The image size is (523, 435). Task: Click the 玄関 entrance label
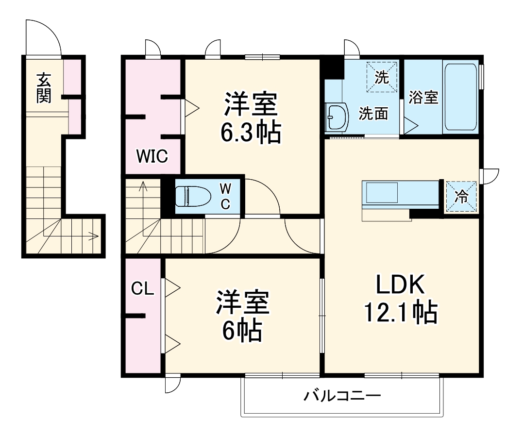click(43, 87)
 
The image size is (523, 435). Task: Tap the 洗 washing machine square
click(382, 77)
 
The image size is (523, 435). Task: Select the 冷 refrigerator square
click(461, 197)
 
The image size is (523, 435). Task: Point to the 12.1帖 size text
click(401, 313)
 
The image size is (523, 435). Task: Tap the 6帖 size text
click(242, 331)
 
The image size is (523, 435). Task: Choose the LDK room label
click(401, 285)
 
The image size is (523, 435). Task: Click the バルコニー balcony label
click(342, 396)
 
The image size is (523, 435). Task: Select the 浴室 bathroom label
click(423, 97)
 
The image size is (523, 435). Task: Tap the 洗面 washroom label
click(373, 113)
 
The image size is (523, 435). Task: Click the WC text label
click(225, 196)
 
